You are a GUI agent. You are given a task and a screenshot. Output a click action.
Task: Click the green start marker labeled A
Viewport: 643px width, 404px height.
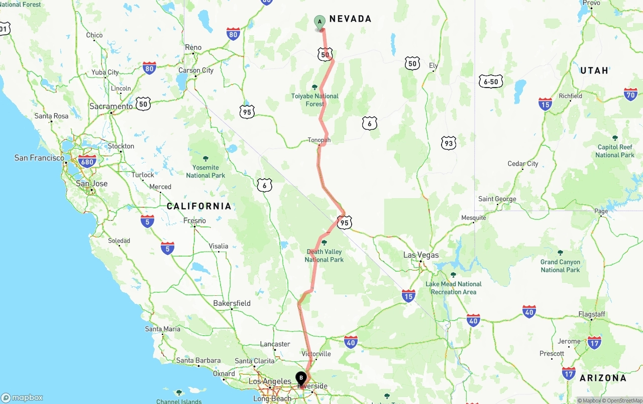[x=319, y=22]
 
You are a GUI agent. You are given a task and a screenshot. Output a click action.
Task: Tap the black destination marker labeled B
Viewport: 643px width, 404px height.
[x=301, y=378]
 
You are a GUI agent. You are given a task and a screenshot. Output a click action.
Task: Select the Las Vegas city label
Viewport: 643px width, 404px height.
[x=421, y=255]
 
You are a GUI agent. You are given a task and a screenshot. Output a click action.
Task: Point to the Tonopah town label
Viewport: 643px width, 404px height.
[x=319, y=140]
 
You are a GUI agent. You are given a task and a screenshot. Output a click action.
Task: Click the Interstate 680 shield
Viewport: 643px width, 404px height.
[x=87, y=161]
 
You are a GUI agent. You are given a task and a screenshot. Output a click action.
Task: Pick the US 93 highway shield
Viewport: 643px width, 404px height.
[x=449, y=143]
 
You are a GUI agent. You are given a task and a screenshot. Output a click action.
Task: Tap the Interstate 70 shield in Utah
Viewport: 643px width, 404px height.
[x=630, y=94]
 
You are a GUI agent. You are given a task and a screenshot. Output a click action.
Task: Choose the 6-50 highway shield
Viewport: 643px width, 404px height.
[x=491, y=82]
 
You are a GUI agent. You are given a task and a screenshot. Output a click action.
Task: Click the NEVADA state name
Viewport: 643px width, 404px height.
[x=350, y=19]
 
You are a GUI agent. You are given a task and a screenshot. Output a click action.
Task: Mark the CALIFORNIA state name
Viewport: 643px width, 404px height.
[x=199, y=206]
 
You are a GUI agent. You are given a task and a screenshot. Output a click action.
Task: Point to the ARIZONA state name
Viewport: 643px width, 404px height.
[x=603, y=378]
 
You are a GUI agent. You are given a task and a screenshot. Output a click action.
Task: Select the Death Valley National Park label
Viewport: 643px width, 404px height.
[x=324, y=256]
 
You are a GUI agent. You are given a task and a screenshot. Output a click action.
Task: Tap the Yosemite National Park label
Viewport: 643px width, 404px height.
[x=205, y=171]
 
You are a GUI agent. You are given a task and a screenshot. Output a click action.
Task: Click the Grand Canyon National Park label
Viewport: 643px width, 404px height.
[x=560, y=266]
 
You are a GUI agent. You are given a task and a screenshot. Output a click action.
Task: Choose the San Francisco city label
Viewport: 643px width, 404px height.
[x=39, y=158]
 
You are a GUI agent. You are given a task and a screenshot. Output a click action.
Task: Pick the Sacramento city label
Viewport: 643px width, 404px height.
[x=111, y=107]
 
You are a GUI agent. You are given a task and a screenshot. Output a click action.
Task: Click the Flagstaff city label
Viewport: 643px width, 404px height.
[x=592, y=314]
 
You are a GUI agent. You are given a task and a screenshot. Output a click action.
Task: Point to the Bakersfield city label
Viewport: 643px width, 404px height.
[x=232, y=303]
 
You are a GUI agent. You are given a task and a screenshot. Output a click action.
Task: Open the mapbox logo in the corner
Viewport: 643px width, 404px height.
[x=22, y=397]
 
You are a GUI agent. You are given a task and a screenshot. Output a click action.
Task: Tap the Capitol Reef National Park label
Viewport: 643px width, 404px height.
[x=615, y=151]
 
